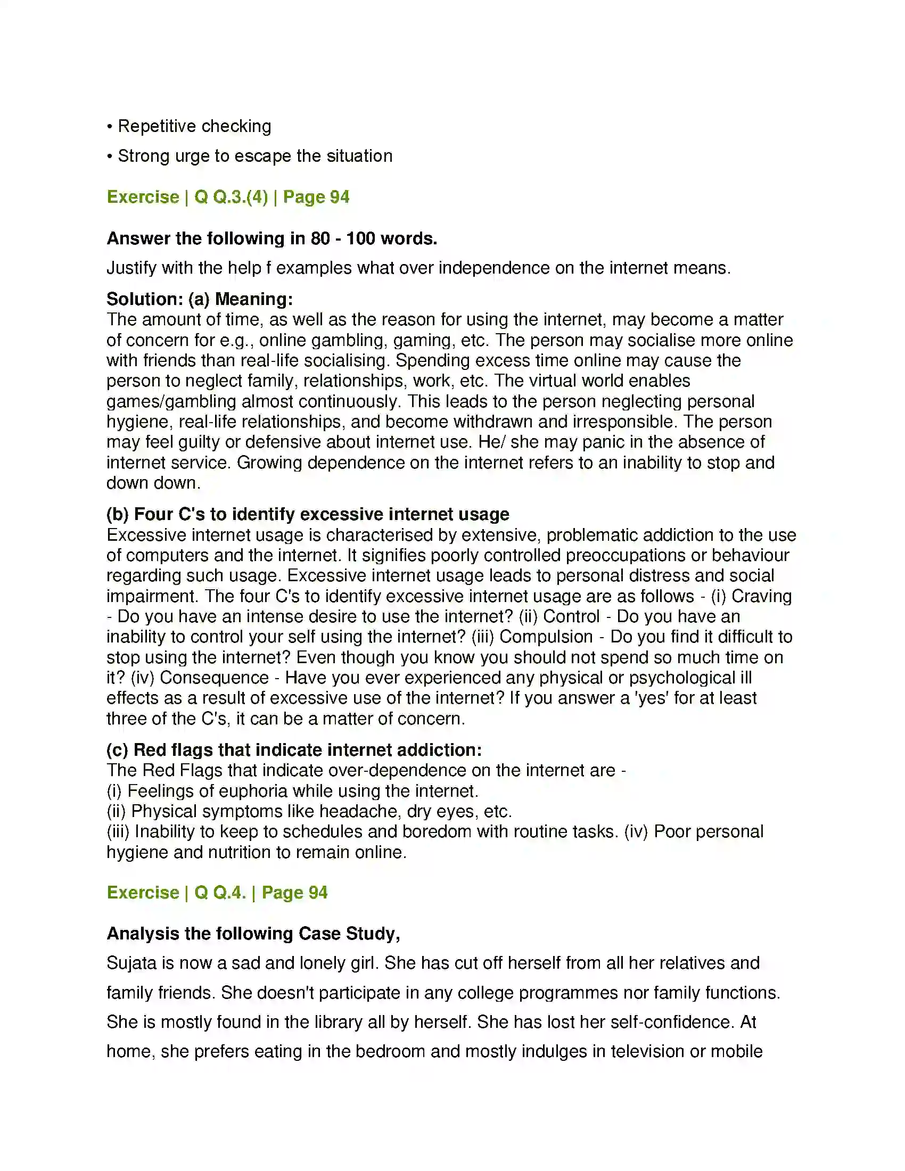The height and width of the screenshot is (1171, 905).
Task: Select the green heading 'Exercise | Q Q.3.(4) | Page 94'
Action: (x=228, y=197)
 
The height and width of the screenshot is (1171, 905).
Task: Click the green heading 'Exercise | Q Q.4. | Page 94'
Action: (x=217, y=892)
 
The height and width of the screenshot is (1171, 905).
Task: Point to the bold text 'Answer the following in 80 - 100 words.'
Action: (x=272, y=238)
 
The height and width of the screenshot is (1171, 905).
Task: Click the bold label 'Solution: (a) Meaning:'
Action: (x=200, y=299)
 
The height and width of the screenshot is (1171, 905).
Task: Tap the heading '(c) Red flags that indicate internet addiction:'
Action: (x=294, y=749)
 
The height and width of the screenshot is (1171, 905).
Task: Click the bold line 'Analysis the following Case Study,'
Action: (x=253, y=934)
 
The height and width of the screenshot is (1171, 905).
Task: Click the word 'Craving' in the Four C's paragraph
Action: (x=761, y=596)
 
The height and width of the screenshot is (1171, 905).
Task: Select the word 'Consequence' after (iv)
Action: (x=214, y=677)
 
